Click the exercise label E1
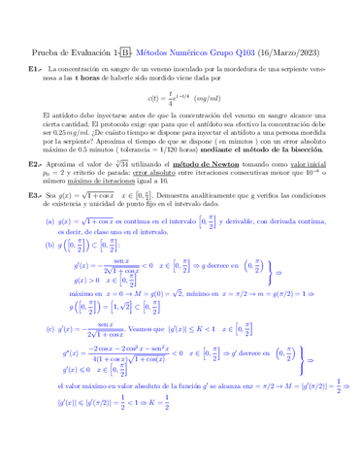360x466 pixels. tap(35, 71)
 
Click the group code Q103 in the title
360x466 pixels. tap(224, 51)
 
